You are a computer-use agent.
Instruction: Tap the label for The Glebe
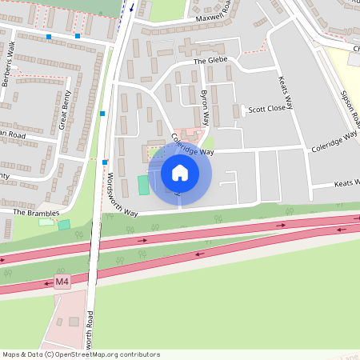tap(210, 61)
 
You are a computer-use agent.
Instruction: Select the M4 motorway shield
tap(62, 282)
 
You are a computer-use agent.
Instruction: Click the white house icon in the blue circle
tap(180, 173)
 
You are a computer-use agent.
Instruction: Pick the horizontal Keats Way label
tap(343, 185)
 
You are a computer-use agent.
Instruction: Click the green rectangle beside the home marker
tap(143, 185)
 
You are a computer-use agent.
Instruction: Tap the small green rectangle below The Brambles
tap(64, 225)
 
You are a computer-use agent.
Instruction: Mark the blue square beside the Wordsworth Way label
tap(105, 162)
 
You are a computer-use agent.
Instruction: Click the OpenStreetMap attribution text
tap(81, 354)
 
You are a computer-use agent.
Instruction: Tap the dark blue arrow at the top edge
tap(131, 7)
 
